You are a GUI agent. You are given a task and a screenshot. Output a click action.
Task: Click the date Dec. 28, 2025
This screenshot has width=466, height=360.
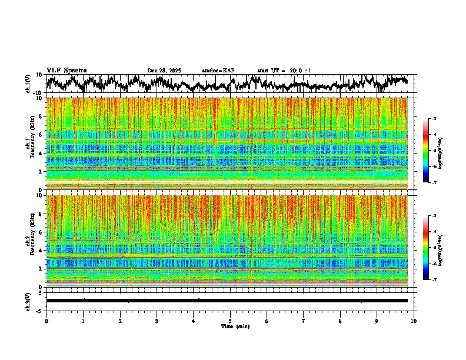164,71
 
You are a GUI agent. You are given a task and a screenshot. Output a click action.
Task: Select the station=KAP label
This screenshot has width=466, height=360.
218,71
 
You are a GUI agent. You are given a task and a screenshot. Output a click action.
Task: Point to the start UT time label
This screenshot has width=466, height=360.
284,71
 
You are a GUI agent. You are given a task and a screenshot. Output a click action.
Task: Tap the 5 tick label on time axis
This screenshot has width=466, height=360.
230,321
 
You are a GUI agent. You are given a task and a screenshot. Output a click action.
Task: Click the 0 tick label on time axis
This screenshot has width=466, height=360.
46,321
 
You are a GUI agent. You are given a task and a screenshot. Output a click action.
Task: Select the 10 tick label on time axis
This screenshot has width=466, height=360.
414,321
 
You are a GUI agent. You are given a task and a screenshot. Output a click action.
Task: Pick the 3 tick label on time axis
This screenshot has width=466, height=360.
157,321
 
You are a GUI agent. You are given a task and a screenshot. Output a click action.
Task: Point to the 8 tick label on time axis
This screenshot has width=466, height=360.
340,321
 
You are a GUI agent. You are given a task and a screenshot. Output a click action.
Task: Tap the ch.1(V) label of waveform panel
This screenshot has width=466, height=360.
29,84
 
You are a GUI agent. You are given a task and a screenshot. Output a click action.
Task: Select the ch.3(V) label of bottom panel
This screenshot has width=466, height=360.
29,300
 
